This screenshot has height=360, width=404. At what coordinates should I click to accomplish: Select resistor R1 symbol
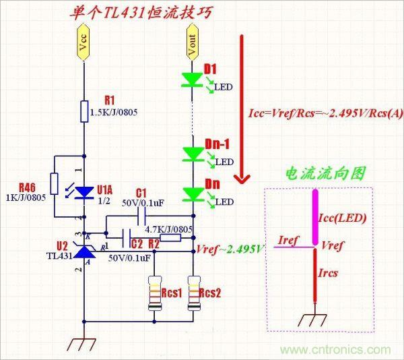[x=83, y=111]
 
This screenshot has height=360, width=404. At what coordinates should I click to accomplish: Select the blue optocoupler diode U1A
[x=83, y=192]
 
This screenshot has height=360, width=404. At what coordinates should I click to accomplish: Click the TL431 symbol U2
[x=83, y=251]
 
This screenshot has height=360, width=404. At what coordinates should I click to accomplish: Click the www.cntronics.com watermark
[x=335, y=350]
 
